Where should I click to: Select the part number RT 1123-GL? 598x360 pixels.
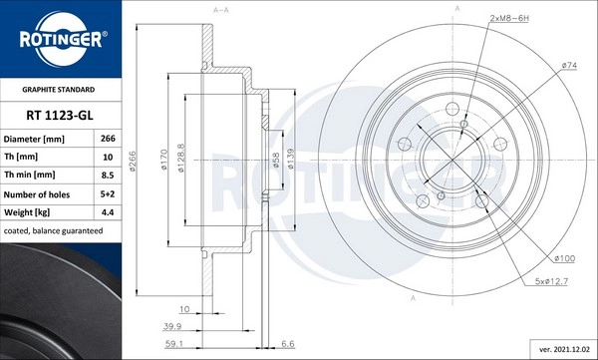(60, 116)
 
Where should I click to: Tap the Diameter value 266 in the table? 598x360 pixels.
(108, 139)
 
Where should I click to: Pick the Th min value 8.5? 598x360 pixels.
(108, 176)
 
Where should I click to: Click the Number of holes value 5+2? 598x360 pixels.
(108, 193)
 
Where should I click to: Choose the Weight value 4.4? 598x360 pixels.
(108, 212)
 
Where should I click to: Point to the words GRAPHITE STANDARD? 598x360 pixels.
(59, 90)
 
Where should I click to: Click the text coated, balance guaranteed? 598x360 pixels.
(53, 231)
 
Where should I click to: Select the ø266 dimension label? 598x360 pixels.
(133, 162)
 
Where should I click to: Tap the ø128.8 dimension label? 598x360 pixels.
(181, 158)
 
